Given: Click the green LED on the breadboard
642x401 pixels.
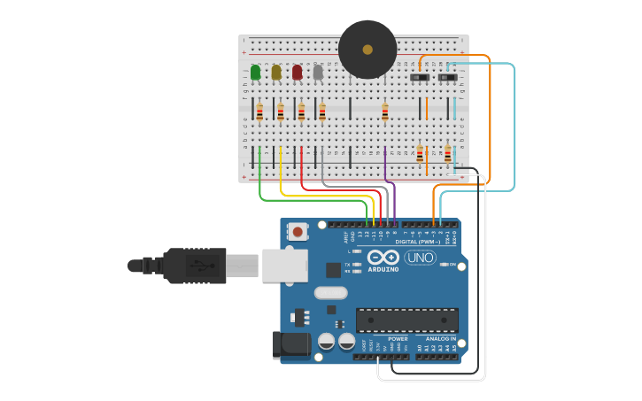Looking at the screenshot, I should (x=255, y=72).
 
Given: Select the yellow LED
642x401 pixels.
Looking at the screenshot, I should (x=276, y=72).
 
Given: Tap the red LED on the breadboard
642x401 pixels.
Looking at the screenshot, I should (x=298, y=72).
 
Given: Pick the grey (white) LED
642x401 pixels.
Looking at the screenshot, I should (x=318, y=72).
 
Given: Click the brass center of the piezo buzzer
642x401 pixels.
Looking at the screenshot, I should (x=367, y=50).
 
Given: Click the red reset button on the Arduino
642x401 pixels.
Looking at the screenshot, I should (x=298, y=232).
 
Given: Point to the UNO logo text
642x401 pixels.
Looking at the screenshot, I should (x=420, y=258).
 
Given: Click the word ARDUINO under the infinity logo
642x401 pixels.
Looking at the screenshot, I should (x=383, y=268).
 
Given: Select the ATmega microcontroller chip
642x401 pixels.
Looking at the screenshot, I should (x=406, y=320).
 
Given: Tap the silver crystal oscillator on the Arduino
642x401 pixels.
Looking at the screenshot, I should (x=329, y=293).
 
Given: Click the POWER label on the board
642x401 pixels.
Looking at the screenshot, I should (x=398, y=338).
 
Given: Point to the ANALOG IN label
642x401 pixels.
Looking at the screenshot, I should (x=440, y=338).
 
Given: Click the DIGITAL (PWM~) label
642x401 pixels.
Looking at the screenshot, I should (x=418, y=242).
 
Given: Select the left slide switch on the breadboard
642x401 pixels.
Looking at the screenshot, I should (x=420, y=78).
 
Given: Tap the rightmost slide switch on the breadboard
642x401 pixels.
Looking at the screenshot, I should (x=448, y=78).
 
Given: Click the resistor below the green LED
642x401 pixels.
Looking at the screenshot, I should (x=259, y=112).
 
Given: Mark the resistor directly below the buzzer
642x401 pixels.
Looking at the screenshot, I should (x=384, y=112).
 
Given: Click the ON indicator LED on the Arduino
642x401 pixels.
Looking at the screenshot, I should (x=442, y=265).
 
